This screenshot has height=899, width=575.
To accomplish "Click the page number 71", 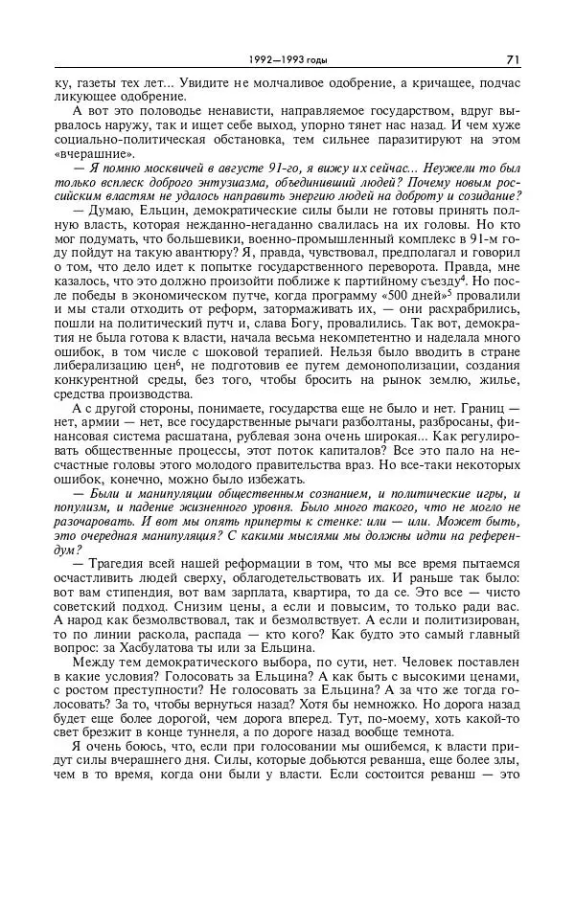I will [513, 59].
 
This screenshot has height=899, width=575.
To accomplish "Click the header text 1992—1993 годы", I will [287, 60].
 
